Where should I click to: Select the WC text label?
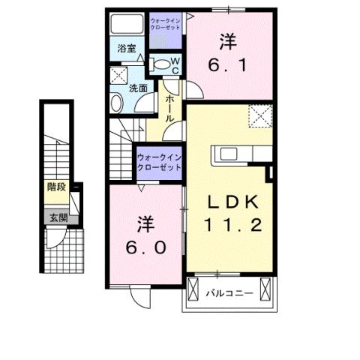click(x=175, y=64)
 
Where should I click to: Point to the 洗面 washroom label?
click(x=138, y=88)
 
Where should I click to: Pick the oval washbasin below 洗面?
click(x=118, y=101)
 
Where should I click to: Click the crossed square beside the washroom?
click(x=118, y=75)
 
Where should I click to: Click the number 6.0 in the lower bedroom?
click(x=147, y=246)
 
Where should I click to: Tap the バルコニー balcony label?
click(x=230, y=292)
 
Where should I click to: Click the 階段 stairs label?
click(x=56, y=187)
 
